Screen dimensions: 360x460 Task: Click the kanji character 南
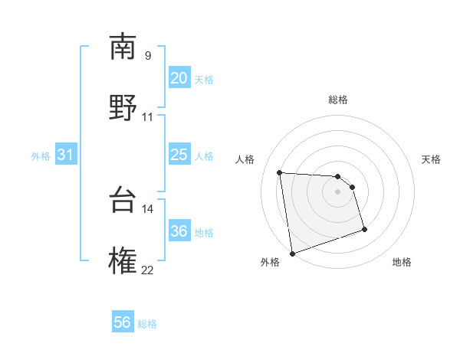click(123, 47)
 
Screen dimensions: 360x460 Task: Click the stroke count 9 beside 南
click(147, 55)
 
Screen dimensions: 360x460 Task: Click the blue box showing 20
click(179, 78)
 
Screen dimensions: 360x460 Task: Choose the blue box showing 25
click(179, 155)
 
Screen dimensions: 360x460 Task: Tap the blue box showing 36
click(179, 231)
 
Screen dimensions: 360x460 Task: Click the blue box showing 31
click(65, 155)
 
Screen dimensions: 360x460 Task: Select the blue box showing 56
click(123, 322)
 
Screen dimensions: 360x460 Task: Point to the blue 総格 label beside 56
click(147, 324)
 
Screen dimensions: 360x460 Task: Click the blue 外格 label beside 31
click(41, 156)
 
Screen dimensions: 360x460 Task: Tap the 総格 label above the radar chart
click(338, 100)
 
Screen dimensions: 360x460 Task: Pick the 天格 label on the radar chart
click(432, 159)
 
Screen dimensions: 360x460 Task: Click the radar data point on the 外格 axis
click(292, 253)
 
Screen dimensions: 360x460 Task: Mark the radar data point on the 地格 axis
click(364, 229)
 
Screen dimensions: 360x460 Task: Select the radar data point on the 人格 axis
click(280, 172)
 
